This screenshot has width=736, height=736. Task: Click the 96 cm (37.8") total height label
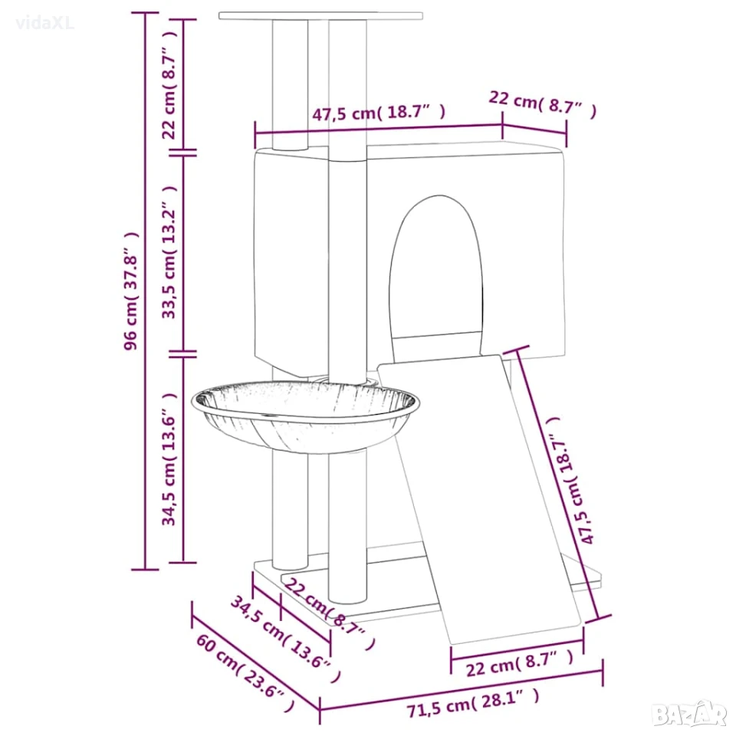pyautogui.click(x=131, y=291)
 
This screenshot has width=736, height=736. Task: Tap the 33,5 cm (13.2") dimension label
pyautogui.click(x=169, y=252)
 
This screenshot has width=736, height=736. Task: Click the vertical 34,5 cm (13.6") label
pyautogui.click(x=169, y=458)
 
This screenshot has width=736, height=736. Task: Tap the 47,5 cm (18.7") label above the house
pyautogui.click(x=378, y=113)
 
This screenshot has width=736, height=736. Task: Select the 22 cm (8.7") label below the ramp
pyautogui.click(x=519, y=664)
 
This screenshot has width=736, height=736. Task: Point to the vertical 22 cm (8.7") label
pyautogui.click(x=169, y=85)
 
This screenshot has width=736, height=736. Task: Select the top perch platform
pyautogui.click(x=320, y=16)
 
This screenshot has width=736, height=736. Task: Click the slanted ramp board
pyautogui.click(x=478, y=498)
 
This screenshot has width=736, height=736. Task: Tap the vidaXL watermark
pyautogui.click(x=44, y=23)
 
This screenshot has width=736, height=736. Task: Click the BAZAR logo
pyautogui.click(x=689, y=715)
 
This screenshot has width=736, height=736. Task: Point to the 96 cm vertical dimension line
pyautogui.click(x=145, y=291)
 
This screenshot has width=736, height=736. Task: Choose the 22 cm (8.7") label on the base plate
pyautogui.click(x=330, y=613)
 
